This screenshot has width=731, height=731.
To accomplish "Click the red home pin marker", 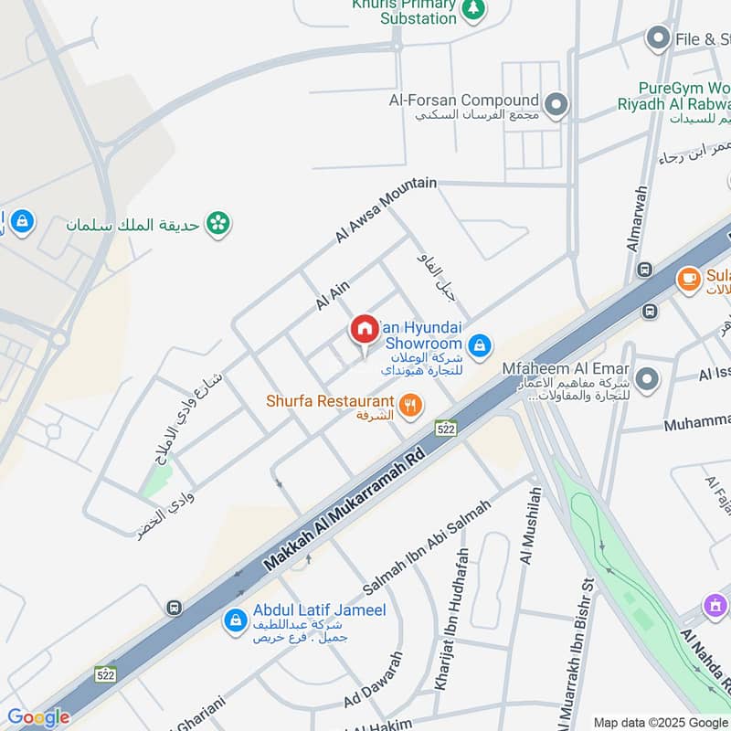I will pos(364,331).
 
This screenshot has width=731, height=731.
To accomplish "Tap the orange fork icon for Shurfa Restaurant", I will pos(411,404).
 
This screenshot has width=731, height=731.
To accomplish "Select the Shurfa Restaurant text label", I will pos(330,401).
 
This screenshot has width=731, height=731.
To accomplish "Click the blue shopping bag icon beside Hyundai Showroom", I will pos(479,346).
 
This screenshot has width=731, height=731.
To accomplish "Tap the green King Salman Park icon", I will pos(217,222).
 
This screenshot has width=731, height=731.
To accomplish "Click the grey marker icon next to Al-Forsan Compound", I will pos(555,102).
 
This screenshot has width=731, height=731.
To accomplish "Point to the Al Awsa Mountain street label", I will pos(385,210).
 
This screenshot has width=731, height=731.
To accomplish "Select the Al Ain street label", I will pos(333,295).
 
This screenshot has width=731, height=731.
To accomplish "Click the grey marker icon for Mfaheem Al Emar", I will pos(647,378).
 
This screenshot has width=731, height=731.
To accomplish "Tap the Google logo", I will pos(38,717).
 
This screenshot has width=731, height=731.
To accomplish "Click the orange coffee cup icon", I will pos(688,278).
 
